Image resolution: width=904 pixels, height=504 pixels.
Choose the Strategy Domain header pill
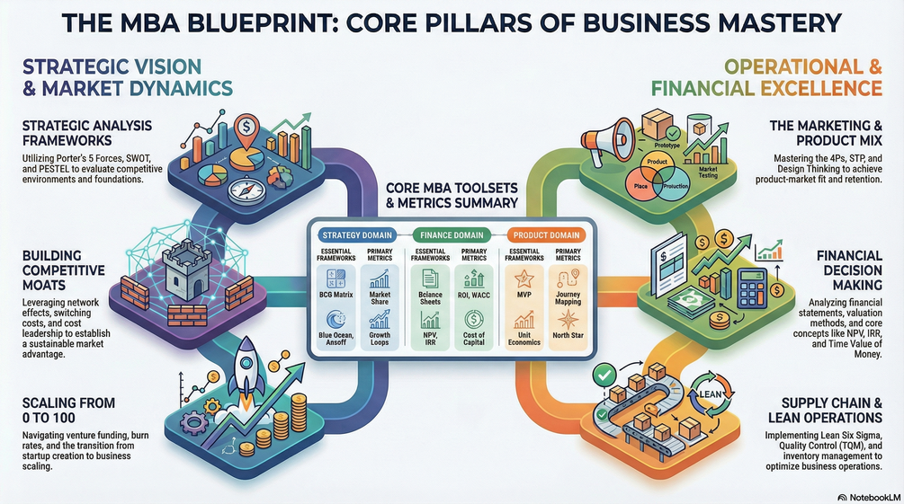(357, 234)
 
